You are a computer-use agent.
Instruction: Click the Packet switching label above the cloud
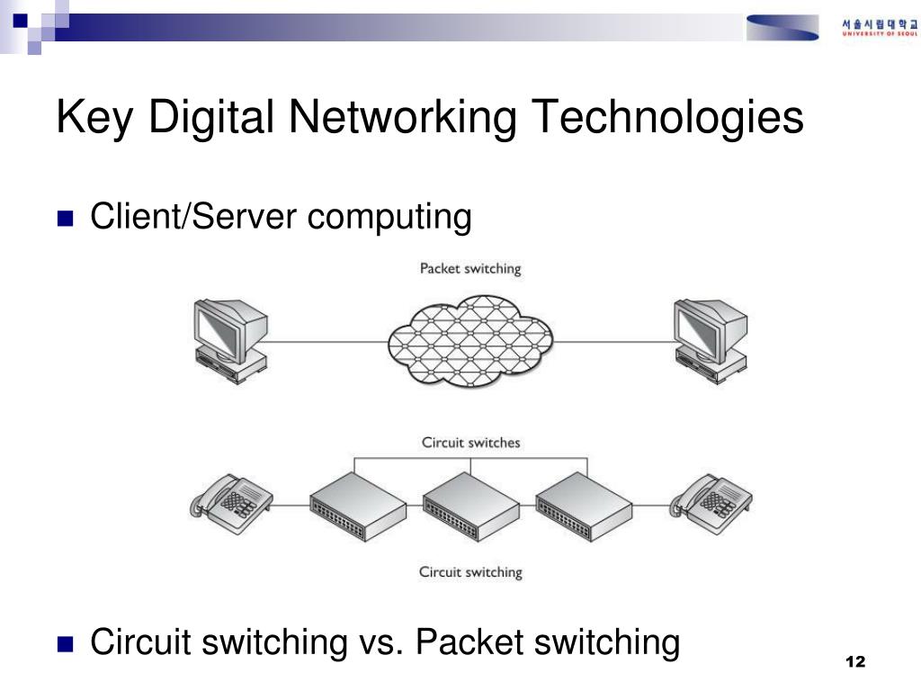tap(470, 269)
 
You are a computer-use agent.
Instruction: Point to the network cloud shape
tap(470, 341)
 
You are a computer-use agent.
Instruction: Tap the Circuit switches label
tap(470, 443)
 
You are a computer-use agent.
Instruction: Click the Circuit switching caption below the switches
tap(470, 571)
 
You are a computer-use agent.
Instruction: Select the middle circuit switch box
tap(470, 507)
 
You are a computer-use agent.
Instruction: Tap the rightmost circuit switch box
tap(585, 507)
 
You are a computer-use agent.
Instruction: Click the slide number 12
tap(854, 663)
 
